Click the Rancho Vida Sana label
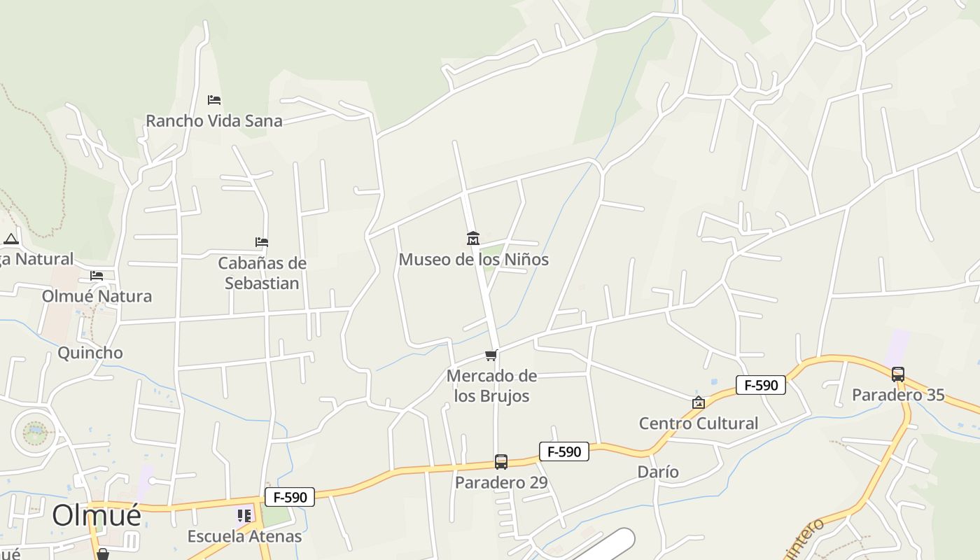tap(214, 120)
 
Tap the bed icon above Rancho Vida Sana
tap(214, 100)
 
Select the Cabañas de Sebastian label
tap(262, 273)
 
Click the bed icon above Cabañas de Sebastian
tap(262, 242)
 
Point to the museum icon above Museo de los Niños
tap(473, 239)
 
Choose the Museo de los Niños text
tap(473, 260)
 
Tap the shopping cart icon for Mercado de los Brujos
tap(491, 356)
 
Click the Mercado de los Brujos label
tap(491, 386)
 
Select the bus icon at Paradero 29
tap(501, 462)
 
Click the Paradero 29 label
tap(501, 482)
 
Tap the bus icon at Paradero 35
tap(898, 374)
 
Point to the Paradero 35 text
tap(898, 395)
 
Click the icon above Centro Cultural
tap(698, 402)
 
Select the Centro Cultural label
tap(698, 423)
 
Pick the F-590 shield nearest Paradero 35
tap(761, 385)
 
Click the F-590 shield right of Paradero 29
tap(564, 451)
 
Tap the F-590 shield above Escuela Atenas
tap(290, 498)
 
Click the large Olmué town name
tap(97, 514)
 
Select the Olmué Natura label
tap(97, 296)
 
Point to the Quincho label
tap(90, 353)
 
